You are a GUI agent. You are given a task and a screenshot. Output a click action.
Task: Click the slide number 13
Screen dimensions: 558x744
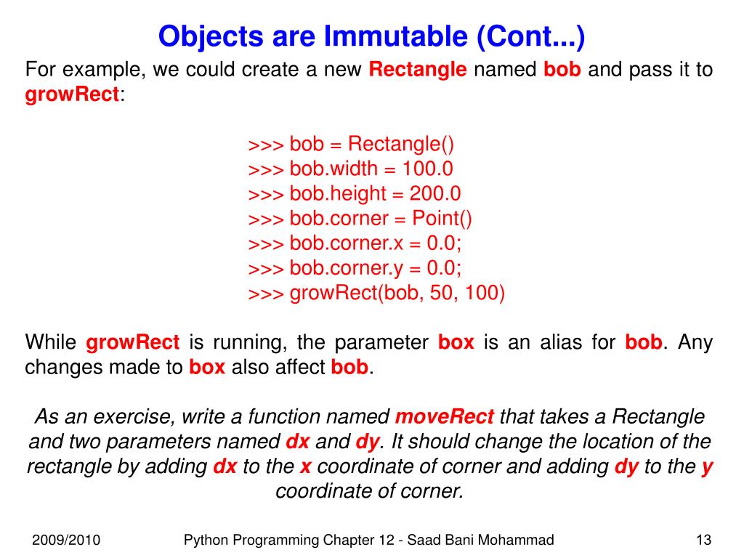[703, 540]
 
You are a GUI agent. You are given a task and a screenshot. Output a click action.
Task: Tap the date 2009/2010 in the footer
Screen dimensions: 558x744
[66, 540]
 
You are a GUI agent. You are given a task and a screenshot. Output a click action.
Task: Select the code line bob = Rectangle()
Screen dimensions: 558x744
[351, 144]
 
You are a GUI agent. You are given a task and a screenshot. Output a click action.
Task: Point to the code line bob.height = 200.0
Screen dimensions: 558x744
[355, 193]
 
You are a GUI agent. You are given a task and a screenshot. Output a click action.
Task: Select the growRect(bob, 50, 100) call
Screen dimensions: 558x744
[376, 293]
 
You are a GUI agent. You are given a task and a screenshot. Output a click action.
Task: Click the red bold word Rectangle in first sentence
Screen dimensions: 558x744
[418, 70]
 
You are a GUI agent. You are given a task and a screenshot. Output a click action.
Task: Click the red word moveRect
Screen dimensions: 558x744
[445, 417]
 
